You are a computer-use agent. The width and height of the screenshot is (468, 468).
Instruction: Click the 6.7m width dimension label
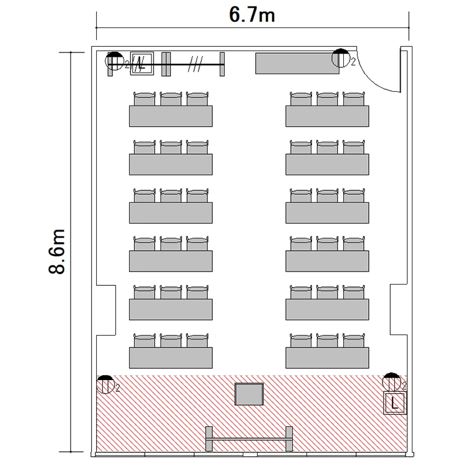click(251, 15)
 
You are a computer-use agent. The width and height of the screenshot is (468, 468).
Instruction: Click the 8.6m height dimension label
click(57, 251)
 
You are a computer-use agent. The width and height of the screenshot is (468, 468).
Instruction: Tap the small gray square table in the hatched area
click(249, 394)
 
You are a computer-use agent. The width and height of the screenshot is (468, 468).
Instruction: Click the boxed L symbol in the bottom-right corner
click(395, 403)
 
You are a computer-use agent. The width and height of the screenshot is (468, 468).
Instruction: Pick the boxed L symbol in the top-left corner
click(142, 63)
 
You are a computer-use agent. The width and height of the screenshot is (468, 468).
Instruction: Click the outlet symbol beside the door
click(341, 58)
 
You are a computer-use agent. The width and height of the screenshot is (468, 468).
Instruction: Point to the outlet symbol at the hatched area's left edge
click(105, 384)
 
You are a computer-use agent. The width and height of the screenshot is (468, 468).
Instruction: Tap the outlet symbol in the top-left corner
click(115, 61)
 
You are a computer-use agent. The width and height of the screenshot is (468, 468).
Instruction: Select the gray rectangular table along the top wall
click(297, 63)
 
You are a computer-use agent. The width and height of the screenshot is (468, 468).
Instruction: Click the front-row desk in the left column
click(171, 358)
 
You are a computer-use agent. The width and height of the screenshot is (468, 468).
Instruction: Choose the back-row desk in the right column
click(327, 116)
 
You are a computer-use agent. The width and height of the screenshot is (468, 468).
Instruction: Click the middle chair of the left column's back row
click(171, 99)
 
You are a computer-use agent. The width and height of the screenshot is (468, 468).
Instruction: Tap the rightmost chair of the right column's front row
click(354, 341)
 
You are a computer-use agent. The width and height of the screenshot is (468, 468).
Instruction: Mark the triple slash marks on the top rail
click(195, 64)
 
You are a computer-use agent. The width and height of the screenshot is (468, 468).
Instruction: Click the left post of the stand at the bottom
click(209, 439)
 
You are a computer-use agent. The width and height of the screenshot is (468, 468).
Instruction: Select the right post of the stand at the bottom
click(289, 439)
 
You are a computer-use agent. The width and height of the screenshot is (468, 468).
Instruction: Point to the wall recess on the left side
click(106, 310)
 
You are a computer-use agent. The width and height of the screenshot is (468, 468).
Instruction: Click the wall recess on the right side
click(399, 310)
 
